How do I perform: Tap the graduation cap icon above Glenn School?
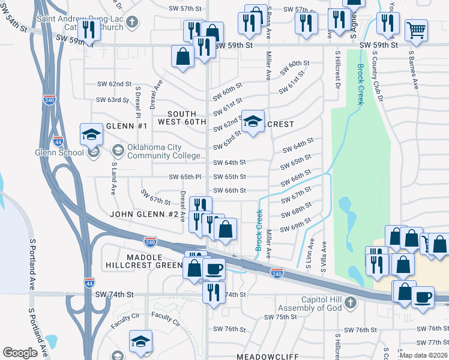(91, 134)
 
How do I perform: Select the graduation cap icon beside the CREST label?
(253, 122)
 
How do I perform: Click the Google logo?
(20, 353)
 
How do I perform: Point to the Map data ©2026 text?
(423, 355)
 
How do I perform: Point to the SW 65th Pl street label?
(185, 177)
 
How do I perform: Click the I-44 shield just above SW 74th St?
(89, 281)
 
